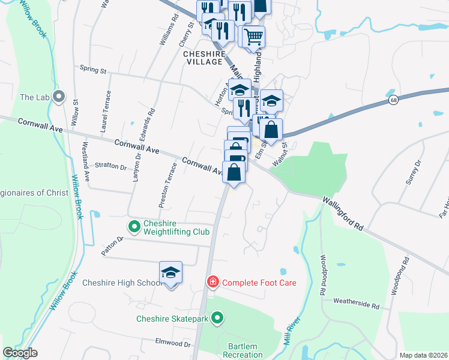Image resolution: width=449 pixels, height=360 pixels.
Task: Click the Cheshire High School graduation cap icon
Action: click(170, 273)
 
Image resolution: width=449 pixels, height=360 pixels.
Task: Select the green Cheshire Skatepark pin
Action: click(218, 319)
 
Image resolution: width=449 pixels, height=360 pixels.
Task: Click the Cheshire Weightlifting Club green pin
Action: click(133, 226)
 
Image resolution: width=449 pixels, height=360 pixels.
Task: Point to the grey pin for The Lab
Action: click(59, 97)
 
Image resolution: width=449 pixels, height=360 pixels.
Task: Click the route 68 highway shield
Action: click(393, 100)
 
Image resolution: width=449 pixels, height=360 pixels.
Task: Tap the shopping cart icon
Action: click(254, 37)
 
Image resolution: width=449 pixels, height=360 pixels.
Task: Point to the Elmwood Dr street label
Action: click(173, 344)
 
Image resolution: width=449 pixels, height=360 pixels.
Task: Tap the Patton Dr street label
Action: click(112, 246)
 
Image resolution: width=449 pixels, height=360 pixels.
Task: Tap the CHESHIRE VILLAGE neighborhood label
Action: click(203, 58)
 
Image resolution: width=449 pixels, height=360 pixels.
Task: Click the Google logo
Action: click(20, 353)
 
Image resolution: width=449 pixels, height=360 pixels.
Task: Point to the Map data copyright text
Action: click(424, 355)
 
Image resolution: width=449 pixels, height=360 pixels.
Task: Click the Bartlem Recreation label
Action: click(243, 350)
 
